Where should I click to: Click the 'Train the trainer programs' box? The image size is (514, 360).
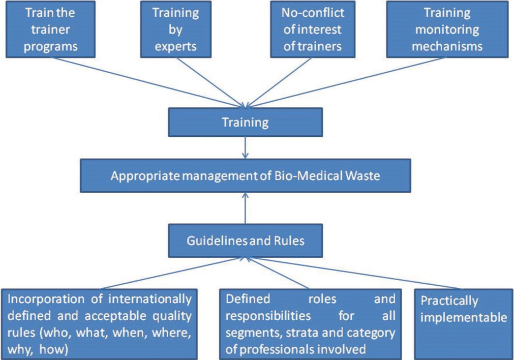click(50, 29)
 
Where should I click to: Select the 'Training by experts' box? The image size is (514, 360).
click(176, 29)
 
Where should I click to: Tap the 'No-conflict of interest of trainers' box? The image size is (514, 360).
click(312, 29)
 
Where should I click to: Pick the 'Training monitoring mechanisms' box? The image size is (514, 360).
click(447, 29)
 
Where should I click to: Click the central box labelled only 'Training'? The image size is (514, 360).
click(245, 123)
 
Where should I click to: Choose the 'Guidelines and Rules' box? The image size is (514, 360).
click(245, 241)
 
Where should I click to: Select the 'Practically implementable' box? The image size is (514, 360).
click(464, 324)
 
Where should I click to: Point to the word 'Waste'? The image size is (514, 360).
click(362, 176)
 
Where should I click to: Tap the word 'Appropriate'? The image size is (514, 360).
click(145, 176)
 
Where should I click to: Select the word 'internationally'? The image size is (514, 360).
click(150, 299)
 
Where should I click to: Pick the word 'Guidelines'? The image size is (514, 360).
click(217, 241)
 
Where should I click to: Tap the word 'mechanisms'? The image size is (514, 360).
click(447, 46)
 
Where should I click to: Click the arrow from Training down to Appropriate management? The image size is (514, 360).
click(245, 148)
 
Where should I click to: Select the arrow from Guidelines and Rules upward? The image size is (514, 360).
click(245, 208)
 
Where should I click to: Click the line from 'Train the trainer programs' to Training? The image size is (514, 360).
click(148, 82)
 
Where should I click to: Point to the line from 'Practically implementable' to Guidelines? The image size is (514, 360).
click(354, 273)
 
